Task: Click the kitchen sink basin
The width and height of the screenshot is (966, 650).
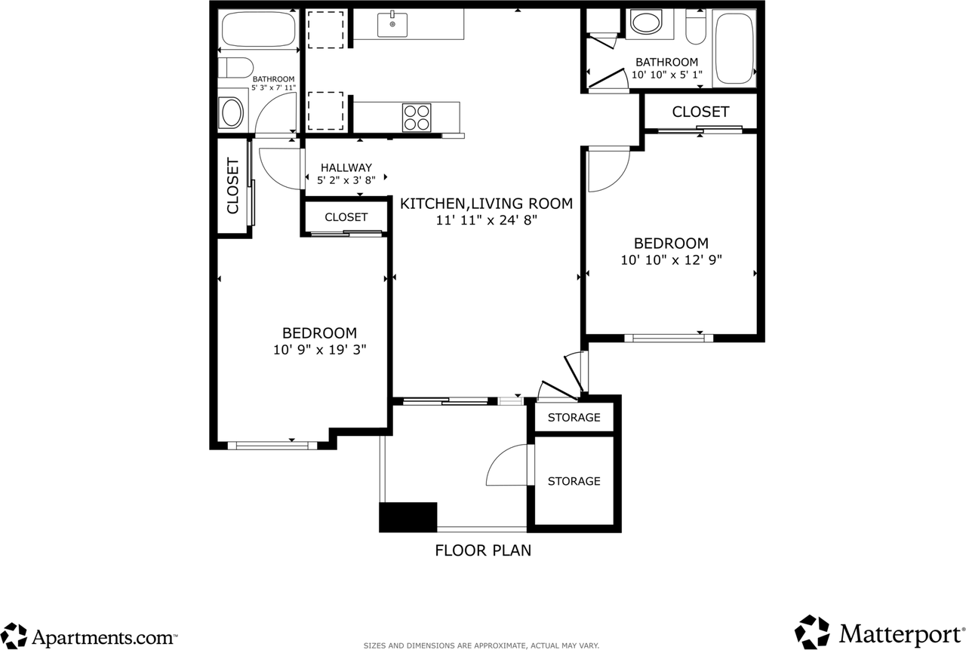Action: (392, 25)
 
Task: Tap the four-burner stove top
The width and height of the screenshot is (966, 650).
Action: (417, 117)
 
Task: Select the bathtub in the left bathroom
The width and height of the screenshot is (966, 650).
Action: (258, 29)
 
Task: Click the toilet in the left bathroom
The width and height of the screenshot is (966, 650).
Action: (235, 68)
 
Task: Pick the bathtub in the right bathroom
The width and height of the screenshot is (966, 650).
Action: (734, 48)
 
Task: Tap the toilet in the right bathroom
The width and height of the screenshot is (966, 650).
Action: (696, 27)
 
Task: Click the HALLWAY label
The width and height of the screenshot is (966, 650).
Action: (346, 167)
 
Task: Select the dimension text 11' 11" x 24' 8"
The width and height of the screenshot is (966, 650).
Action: (487, 220)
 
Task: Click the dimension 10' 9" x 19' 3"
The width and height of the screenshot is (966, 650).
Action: (319, 350)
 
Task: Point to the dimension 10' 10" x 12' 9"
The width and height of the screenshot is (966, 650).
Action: (671, 260)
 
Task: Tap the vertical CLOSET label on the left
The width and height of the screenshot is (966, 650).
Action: (232, 185)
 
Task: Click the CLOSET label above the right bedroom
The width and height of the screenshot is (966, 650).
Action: (700, 112)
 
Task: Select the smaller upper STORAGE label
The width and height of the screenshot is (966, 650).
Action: (574, 417)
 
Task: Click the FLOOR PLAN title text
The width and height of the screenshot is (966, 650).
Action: (483, 550)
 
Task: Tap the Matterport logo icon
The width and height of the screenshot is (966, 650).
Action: (812, 632)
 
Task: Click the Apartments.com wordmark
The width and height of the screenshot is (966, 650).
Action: (105, 637)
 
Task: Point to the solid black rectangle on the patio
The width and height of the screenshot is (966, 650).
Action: (408, 517)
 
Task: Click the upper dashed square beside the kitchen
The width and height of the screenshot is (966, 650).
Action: (325, 29)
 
